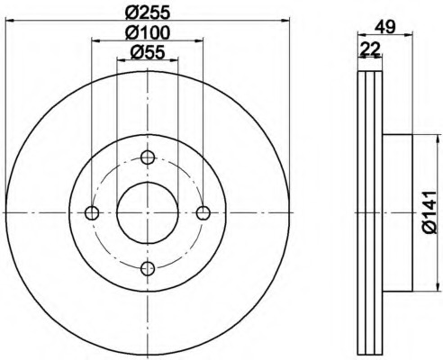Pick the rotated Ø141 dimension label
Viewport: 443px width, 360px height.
point(429,212)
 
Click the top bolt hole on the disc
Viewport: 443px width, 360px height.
point(148,157)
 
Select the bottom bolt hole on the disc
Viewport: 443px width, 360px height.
point(148,267)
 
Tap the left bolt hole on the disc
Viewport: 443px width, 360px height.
point(92,212)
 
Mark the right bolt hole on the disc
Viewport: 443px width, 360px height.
point(203,212)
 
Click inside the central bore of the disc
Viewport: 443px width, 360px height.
point(148,212)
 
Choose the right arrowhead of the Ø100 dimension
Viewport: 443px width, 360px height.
point(199,40)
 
